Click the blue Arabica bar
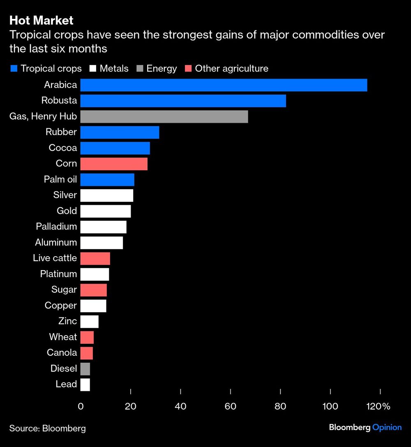(x=223, y=85)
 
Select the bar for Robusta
(x=183, y=101)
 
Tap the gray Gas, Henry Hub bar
(x=164, y=116)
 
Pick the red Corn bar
(x=114, y=164)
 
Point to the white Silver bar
(x=106, y=195)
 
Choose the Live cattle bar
(x=95, y=258)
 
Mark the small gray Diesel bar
(x=85, y=369)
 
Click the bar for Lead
(x=85, y=384)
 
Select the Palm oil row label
(x=60, y=180)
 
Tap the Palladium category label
(x=56, y=227)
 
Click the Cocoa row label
(x=62, y=148)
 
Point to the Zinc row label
(x=67, y=321)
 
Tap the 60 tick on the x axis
(x=231, y=407)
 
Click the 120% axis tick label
(x=378, y=407)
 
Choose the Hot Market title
(x=41, y=20)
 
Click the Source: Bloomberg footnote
(x=48, y=428)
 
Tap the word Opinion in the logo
(x=387, y=427)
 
